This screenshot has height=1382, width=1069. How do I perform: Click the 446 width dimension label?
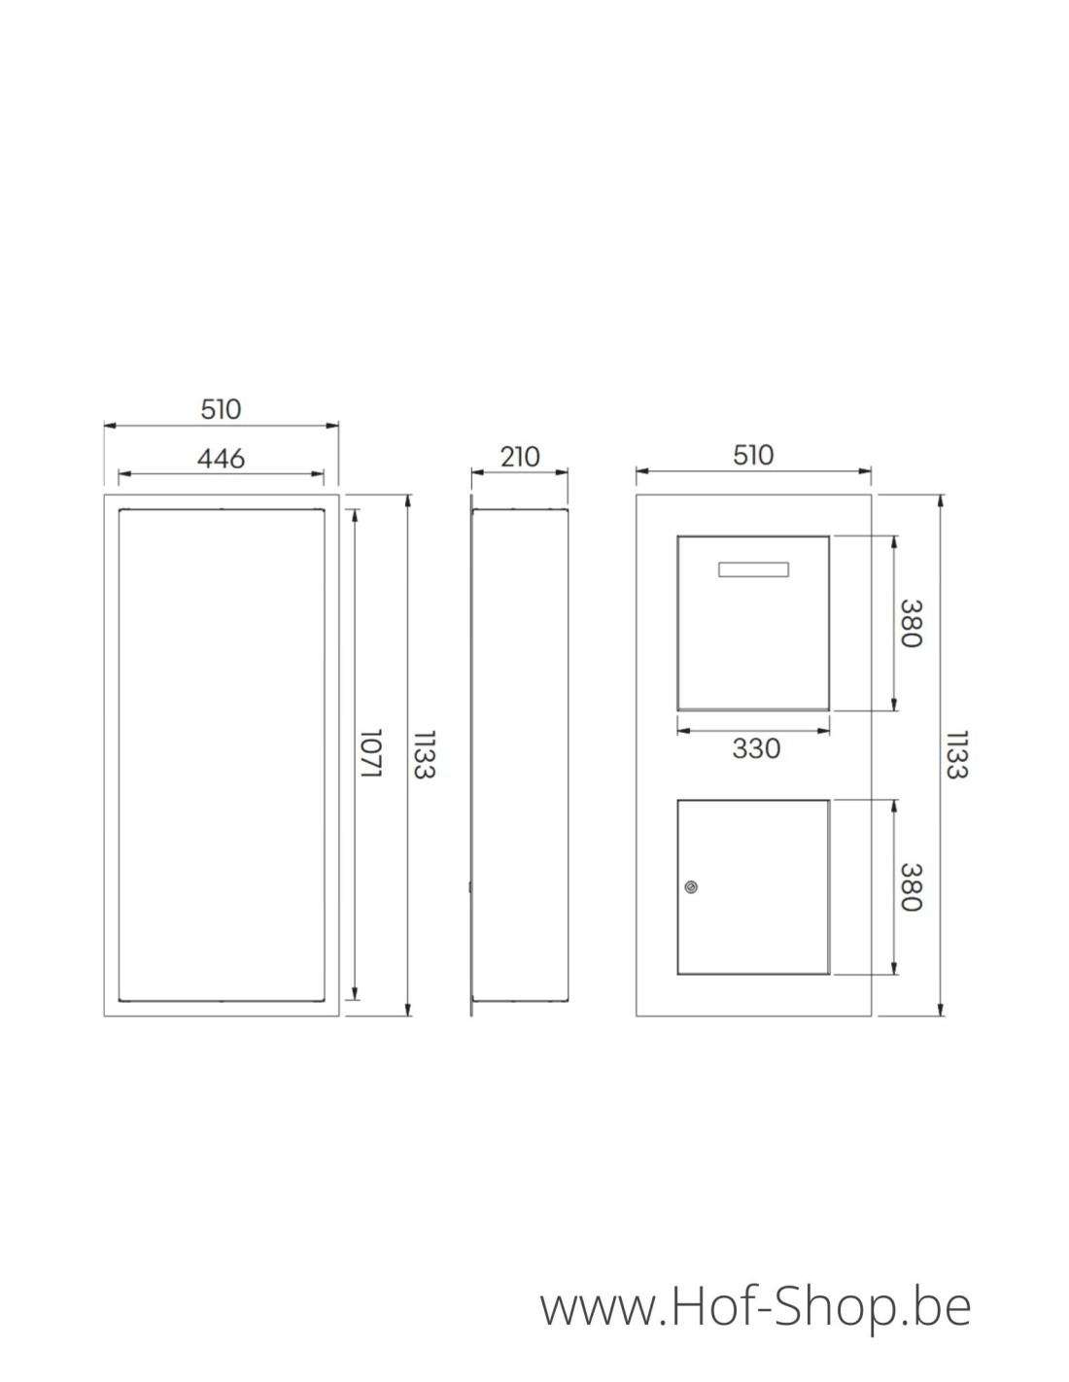221,458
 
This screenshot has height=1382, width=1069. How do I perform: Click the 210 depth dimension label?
520,456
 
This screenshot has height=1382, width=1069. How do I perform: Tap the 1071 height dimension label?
369,753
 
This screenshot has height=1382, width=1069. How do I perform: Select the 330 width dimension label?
755,748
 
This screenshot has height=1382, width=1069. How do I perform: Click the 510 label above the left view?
221,409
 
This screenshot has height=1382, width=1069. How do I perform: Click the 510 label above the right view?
753,455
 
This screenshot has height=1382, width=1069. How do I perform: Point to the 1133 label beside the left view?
423,754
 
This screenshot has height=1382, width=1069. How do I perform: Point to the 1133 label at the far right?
955,754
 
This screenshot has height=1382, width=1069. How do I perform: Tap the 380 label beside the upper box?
910,623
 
